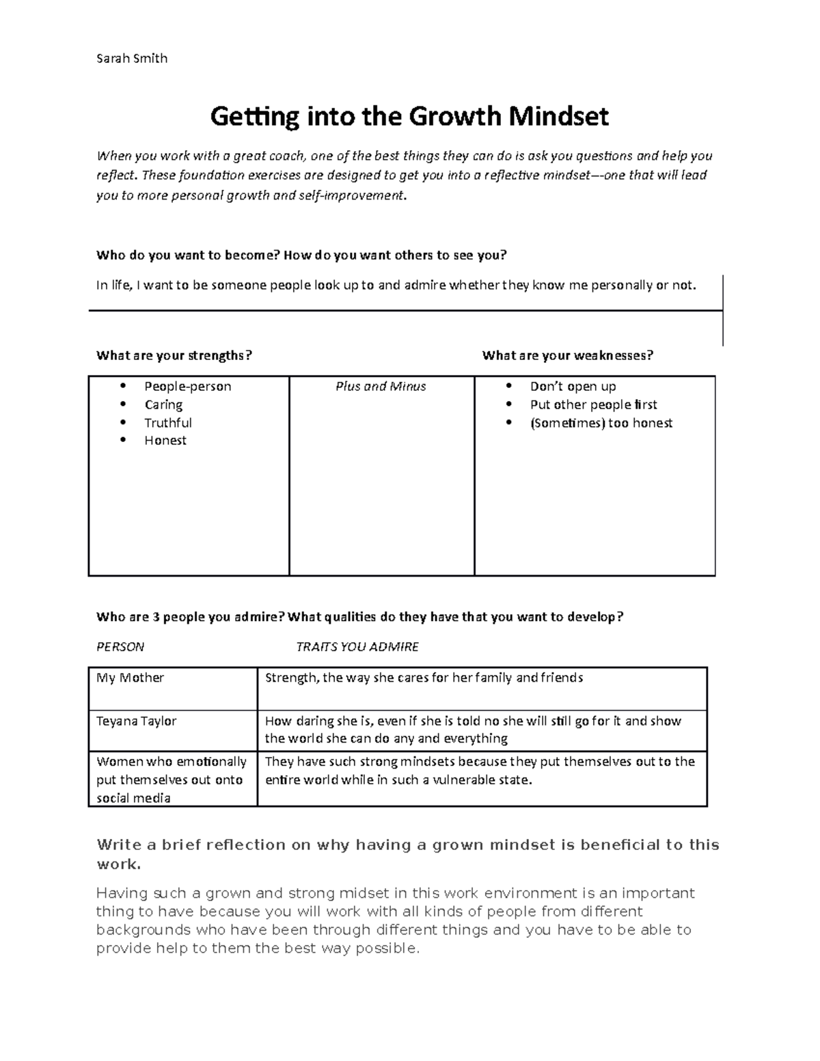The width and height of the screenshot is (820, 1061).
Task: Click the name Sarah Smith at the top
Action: [131, 58]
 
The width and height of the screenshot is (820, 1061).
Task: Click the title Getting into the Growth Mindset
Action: [409, 117]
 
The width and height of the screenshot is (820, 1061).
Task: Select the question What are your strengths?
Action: [174, 355]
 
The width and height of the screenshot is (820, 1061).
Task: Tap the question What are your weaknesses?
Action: [567, 355]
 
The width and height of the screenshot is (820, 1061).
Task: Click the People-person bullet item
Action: [187, 387]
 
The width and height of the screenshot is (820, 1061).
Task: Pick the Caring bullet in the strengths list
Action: [163, 404]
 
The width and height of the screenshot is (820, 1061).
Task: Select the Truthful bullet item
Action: [167, 423]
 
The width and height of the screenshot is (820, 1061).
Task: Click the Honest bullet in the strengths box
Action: [165, 441]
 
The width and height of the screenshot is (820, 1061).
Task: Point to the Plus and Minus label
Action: [381, 387]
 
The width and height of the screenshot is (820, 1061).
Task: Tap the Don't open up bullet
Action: [573, 387]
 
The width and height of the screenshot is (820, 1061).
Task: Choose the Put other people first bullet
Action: [593, 404]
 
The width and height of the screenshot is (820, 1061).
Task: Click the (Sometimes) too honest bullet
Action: [601, 423]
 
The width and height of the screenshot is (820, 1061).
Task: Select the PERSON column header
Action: [120, 646]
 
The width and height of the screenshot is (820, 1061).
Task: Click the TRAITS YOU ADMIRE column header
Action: [357, 646]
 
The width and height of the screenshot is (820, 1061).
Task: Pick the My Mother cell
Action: [130, 678]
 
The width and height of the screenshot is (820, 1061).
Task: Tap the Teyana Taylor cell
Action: [136, 721]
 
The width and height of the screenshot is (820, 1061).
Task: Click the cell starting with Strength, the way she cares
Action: [424, 678]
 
